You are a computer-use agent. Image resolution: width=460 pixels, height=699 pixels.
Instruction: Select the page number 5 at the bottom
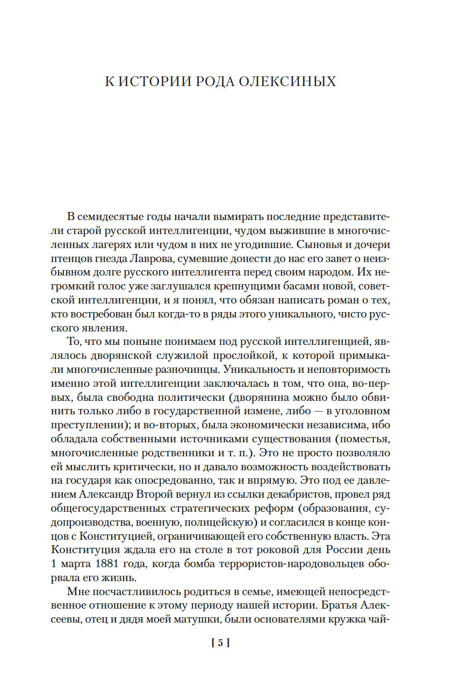pos(221,642)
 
